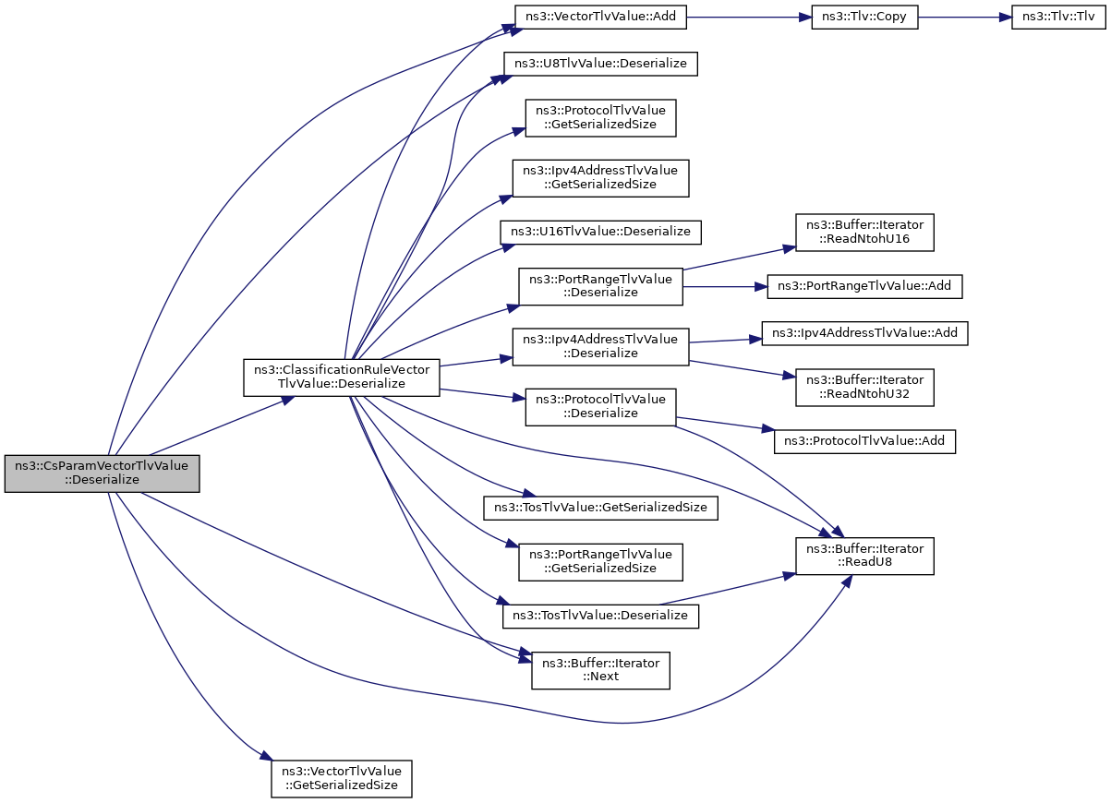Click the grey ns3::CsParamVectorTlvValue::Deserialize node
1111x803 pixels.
[103, 473]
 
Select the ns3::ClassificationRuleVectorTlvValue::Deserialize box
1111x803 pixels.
[341, 378]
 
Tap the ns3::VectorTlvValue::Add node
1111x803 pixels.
[600, 18]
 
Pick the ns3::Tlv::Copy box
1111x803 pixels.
[864, 18]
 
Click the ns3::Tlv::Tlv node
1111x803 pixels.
[1058, 18]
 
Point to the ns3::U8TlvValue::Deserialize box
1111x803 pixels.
[600, 64]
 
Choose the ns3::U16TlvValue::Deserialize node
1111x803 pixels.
[600, 232]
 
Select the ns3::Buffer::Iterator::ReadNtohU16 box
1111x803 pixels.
[864, 233]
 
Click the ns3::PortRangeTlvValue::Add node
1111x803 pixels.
[864, 286]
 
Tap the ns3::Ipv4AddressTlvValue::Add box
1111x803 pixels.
[864, 333]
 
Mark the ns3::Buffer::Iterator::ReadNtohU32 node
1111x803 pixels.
[864, 388]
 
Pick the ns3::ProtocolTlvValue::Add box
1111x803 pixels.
[864, 441]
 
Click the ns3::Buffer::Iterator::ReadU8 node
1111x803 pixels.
[864, 557]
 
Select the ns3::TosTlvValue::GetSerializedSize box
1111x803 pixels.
[600, 508]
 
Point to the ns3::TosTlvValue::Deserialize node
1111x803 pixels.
[600, 617]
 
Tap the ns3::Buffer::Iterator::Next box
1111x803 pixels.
[600, 670]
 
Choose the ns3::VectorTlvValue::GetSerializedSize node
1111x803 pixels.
[341, 779]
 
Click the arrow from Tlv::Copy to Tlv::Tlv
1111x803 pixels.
[965, 18]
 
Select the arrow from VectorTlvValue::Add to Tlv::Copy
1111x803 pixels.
[749, 18]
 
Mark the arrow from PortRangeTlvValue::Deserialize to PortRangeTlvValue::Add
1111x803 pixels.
[725, 286]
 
